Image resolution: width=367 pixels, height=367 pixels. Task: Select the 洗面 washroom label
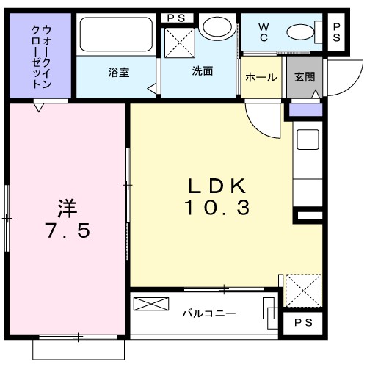pos(203,72)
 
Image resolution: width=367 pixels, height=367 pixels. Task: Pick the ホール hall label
pos(261,77)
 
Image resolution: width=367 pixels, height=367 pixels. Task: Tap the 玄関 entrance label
pos(304,77)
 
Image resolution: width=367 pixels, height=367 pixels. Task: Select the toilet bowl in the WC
pos(300,32)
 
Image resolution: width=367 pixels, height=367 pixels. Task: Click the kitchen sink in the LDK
pos(307,139)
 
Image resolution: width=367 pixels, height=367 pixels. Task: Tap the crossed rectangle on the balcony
pos(150,304)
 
